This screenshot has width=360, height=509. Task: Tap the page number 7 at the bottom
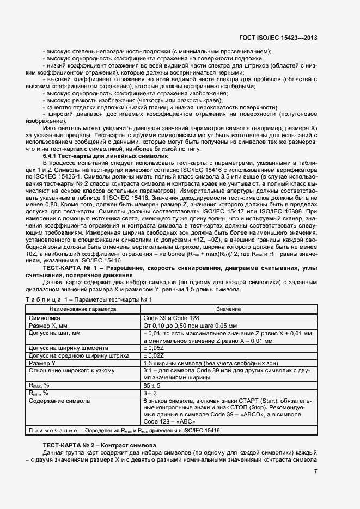click(x=315, y=471)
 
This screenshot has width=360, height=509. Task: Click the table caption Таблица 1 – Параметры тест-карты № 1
click(x=88, y=299)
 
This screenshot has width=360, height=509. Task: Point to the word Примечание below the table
click(x=52, y=430)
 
